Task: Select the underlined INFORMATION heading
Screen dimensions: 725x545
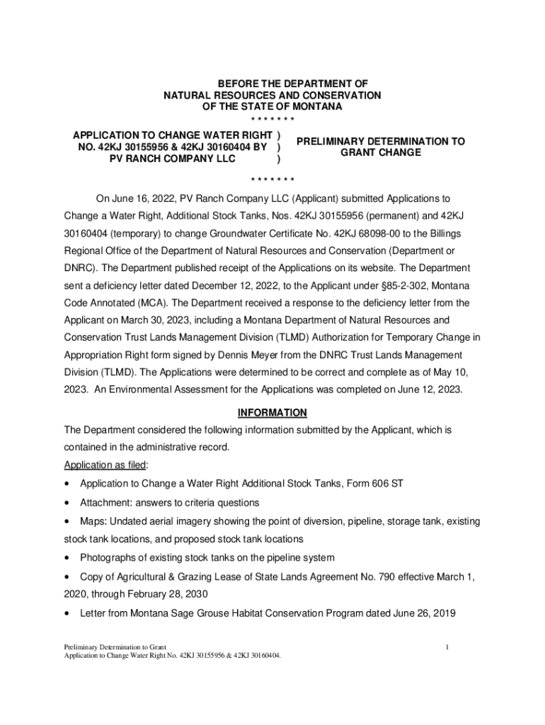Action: pos(272,412)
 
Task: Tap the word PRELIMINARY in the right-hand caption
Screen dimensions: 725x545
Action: pos(333,142)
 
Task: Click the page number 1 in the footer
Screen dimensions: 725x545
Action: pos(448,646)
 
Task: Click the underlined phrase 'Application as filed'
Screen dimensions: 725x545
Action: pos(105,464)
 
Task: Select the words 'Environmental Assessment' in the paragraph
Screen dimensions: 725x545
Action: pos(162,389)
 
